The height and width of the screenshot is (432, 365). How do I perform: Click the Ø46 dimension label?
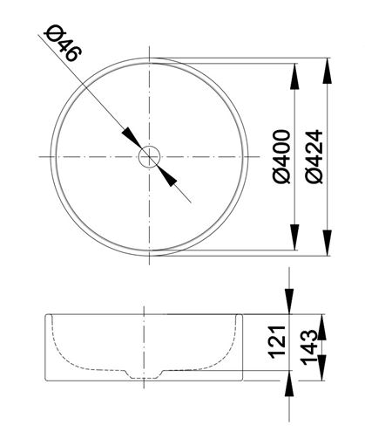tap(63, 44)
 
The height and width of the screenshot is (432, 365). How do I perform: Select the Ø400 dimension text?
tap(281, 157)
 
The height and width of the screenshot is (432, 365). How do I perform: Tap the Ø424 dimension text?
tap(314, 156)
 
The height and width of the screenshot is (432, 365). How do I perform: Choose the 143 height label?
tap(309, 347)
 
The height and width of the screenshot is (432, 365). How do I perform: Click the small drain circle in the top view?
tap(149, 157)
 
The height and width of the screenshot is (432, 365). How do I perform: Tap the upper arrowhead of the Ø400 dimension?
tap(294, 76)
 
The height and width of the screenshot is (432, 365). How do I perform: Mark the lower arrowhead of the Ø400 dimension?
tap(294, 237)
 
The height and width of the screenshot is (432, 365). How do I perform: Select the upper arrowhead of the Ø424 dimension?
tap(328, 71)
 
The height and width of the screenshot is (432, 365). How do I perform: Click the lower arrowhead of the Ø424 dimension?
tap(328, 243)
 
